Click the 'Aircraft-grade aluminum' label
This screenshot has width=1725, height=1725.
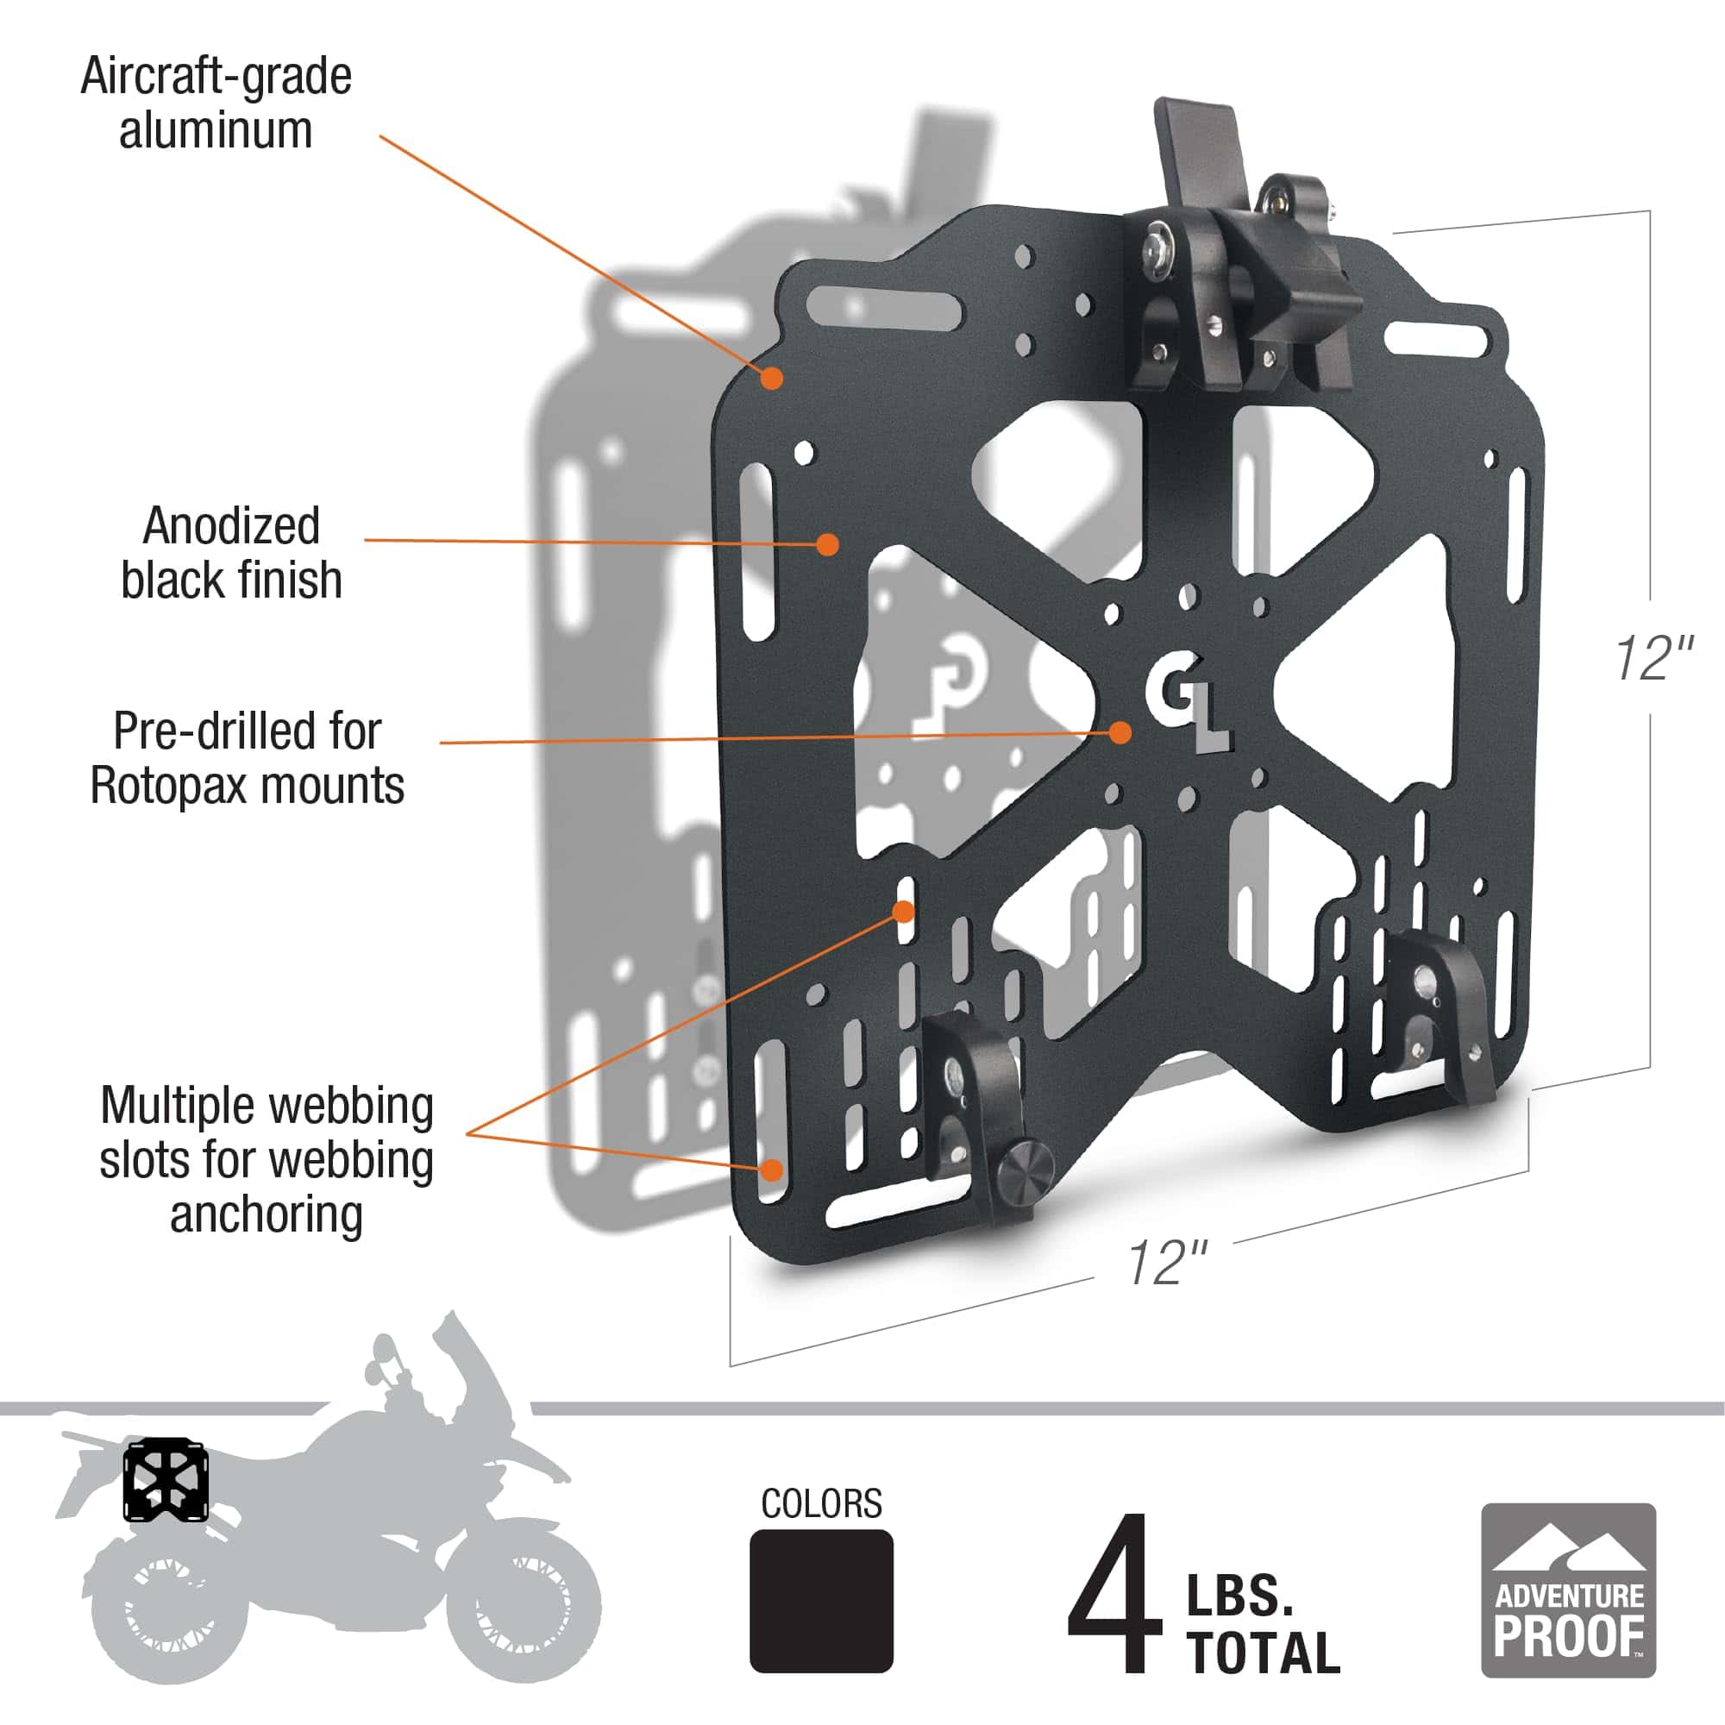point(216,103)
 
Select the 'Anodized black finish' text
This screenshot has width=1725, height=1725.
point(231,553)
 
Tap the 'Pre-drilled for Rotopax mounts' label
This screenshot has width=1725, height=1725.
point(248,758)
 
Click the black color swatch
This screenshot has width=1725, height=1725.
point(820,1600)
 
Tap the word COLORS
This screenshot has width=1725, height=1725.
point(820,1503)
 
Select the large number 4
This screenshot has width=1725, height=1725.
point(1113,1594)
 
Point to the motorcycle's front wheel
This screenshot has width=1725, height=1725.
point(523,1607)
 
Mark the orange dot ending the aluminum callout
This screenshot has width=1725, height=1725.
point(771,379)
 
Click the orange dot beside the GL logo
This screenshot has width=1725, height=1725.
point(1120,732)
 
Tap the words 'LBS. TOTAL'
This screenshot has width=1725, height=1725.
point(1263,1625)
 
